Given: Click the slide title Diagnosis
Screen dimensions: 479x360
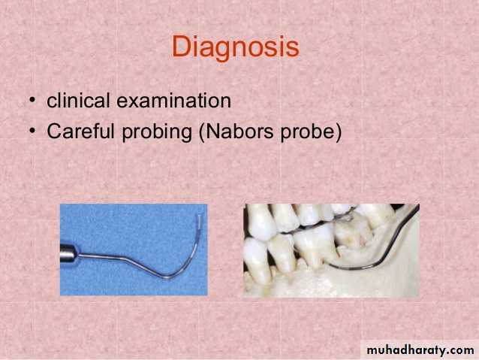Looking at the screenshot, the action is coord(236,47).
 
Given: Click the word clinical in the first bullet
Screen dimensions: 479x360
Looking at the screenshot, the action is coord(78,100).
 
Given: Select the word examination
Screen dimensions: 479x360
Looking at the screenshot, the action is coord(174,100).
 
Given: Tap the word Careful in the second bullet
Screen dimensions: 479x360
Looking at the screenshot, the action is coord(80,131).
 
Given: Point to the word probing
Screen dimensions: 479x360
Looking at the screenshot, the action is coord(157,132).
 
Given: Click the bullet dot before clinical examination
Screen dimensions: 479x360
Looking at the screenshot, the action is coord(32,101).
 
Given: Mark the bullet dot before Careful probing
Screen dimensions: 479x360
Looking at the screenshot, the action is coord(32,132).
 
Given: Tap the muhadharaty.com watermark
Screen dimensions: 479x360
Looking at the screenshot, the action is coord(420,350).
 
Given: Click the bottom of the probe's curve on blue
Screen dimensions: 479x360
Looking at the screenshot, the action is coord(167,277).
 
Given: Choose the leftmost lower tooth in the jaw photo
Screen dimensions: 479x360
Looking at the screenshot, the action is coord(256,261).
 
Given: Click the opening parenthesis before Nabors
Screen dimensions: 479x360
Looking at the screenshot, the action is coord(202,132).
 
